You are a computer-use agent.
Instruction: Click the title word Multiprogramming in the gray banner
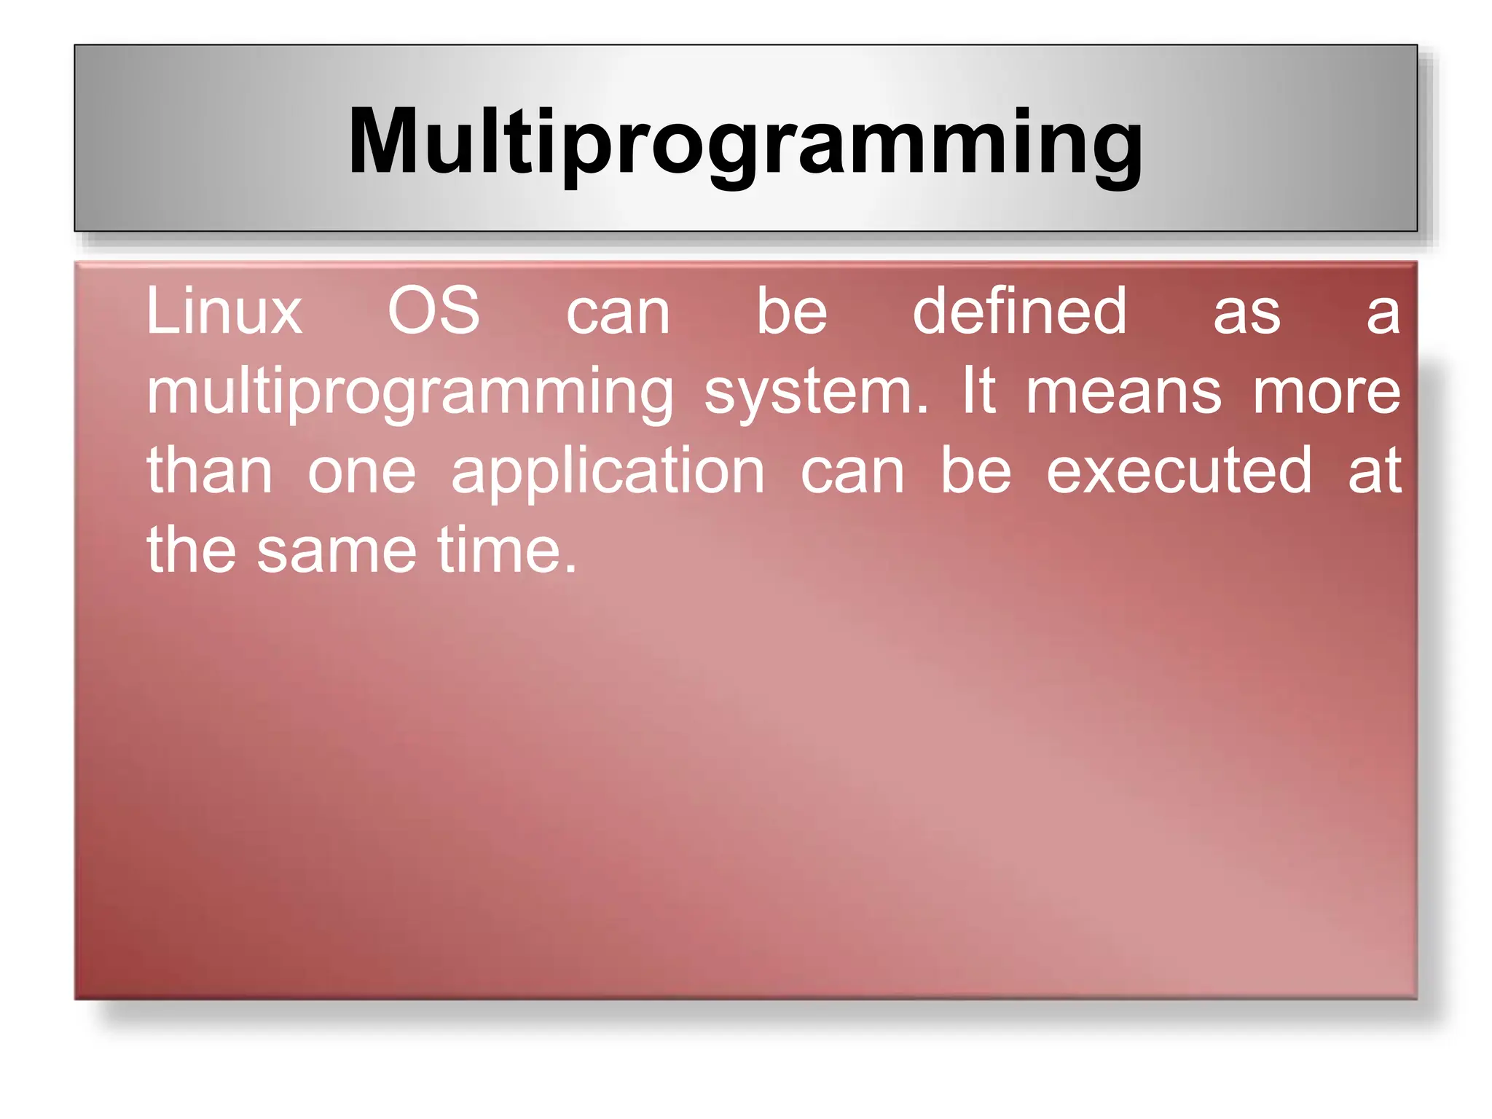[745, 142]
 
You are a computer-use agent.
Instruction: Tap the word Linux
[224, 312]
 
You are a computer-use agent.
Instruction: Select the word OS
[433, 312]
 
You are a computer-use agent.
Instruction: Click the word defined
[1019, 312]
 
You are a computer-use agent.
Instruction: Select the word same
[337, 551]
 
